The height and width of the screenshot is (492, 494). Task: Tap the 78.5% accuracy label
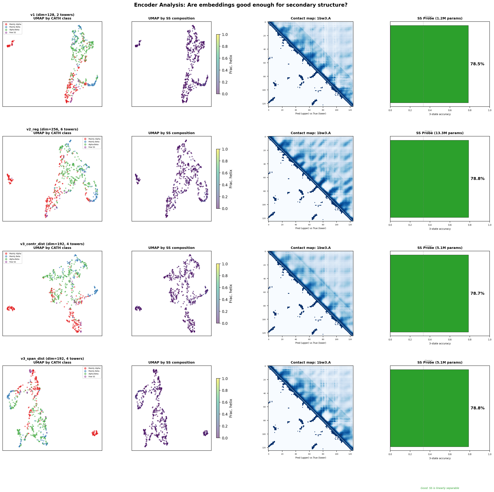tap(477, 64)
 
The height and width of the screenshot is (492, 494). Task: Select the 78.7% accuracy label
tap(477, 293)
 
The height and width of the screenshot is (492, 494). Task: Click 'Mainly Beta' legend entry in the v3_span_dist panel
tap(94, 371)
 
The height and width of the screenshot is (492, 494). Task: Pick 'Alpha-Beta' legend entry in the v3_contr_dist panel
tap(14, 259)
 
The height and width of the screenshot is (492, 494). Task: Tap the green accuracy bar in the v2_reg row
tap(429, 179)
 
